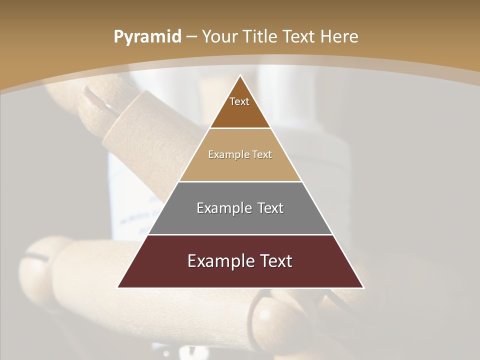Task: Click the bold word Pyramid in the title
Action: tap(147, 37)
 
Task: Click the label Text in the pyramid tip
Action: tap(239, 101)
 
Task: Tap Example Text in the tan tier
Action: tap(240, 154)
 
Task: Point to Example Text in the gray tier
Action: tap(240, 208)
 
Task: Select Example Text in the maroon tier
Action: tap(240, 261)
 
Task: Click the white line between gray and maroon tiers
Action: tap(240, 234)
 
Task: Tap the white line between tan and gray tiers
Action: tap(240, 181)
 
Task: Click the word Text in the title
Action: tap(300, 37)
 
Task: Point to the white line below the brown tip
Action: tap(240, 128)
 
